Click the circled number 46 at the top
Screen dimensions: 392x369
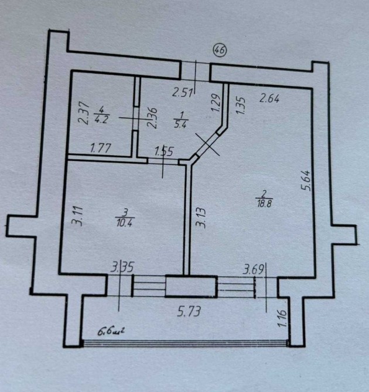click(220, 51)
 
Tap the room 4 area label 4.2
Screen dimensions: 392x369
click(101, 114)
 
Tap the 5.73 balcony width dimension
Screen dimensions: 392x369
click(189, 312)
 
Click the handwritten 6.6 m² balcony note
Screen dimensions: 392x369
click(112, 332)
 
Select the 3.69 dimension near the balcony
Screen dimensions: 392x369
click(255, 270)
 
